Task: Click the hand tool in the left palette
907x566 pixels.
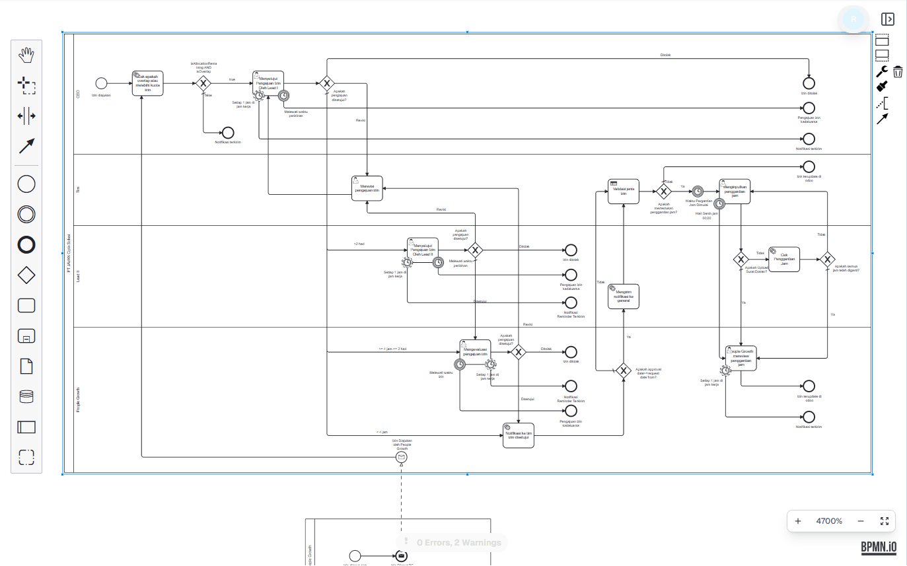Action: click(x=26, y=55)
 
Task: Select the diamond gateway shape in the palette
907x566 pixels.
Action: click(x=26, y=275)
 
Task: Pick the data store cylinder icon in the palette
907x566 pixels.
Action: click(x=26, y=396)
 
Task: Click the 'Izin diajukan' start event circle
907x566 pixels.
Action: click(x=101, y=83)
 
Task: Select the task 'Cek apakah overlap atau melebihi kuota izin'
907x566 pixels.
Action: click(x=147, y=83)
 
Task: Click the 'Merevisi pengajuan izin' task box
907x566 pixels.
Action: click(x=367, y=188)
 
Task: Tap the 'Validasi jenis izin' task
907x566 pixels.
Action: click(x=624, y=192)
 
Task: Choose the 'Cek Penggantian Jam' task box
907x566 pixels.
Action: click(x=784, y=260)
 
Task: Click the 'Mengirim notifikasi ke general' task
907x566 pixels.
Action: click(x=624, y=296)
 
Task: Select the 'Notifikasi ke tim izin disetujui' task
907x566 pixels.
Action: click(x=519, y=435)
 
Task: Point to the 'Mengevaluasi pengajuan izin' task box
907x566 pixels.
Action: click(x=476, y=352)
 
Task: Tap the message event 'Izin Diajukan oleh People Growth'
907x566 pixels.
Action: click(x=401, y=458)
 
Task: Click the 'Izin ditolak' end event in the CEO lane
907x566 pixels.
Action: click(x=809, y=83)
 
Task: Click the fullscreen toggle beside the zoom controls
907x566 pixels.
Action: click(x=885, y=521)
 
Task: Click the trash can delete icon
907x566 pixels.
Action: click(x=898, y=71)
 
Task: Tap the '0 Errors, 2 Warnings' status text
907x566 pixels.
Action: click(x=458, y=543)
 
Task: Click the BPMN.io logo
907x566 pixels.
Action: click(x=879, y=547)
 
